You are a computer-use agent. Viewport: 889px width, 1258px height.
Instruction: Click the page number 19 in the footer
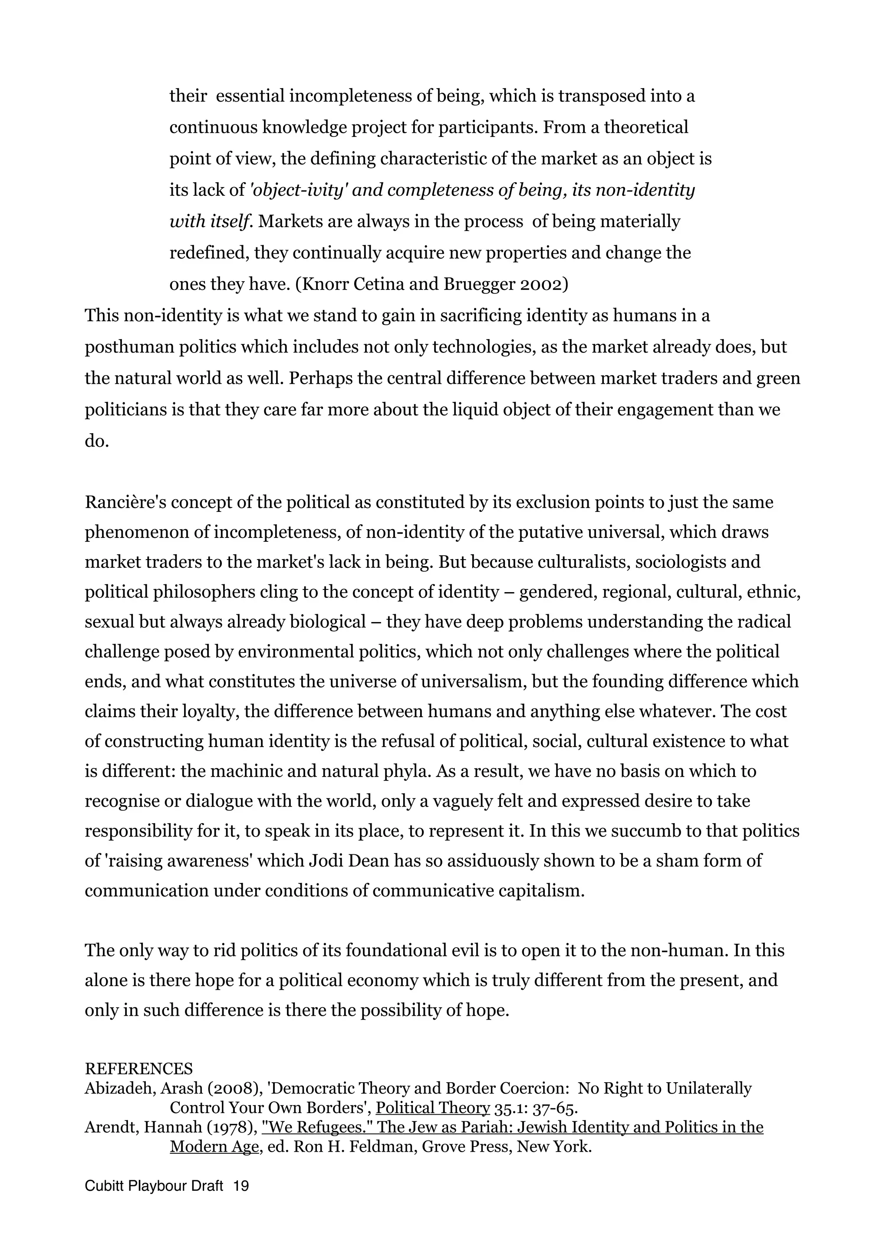pos(240,1186)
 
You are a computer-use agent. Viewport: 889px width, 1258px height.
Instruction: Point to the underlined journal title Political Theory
pos(433,1108)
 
